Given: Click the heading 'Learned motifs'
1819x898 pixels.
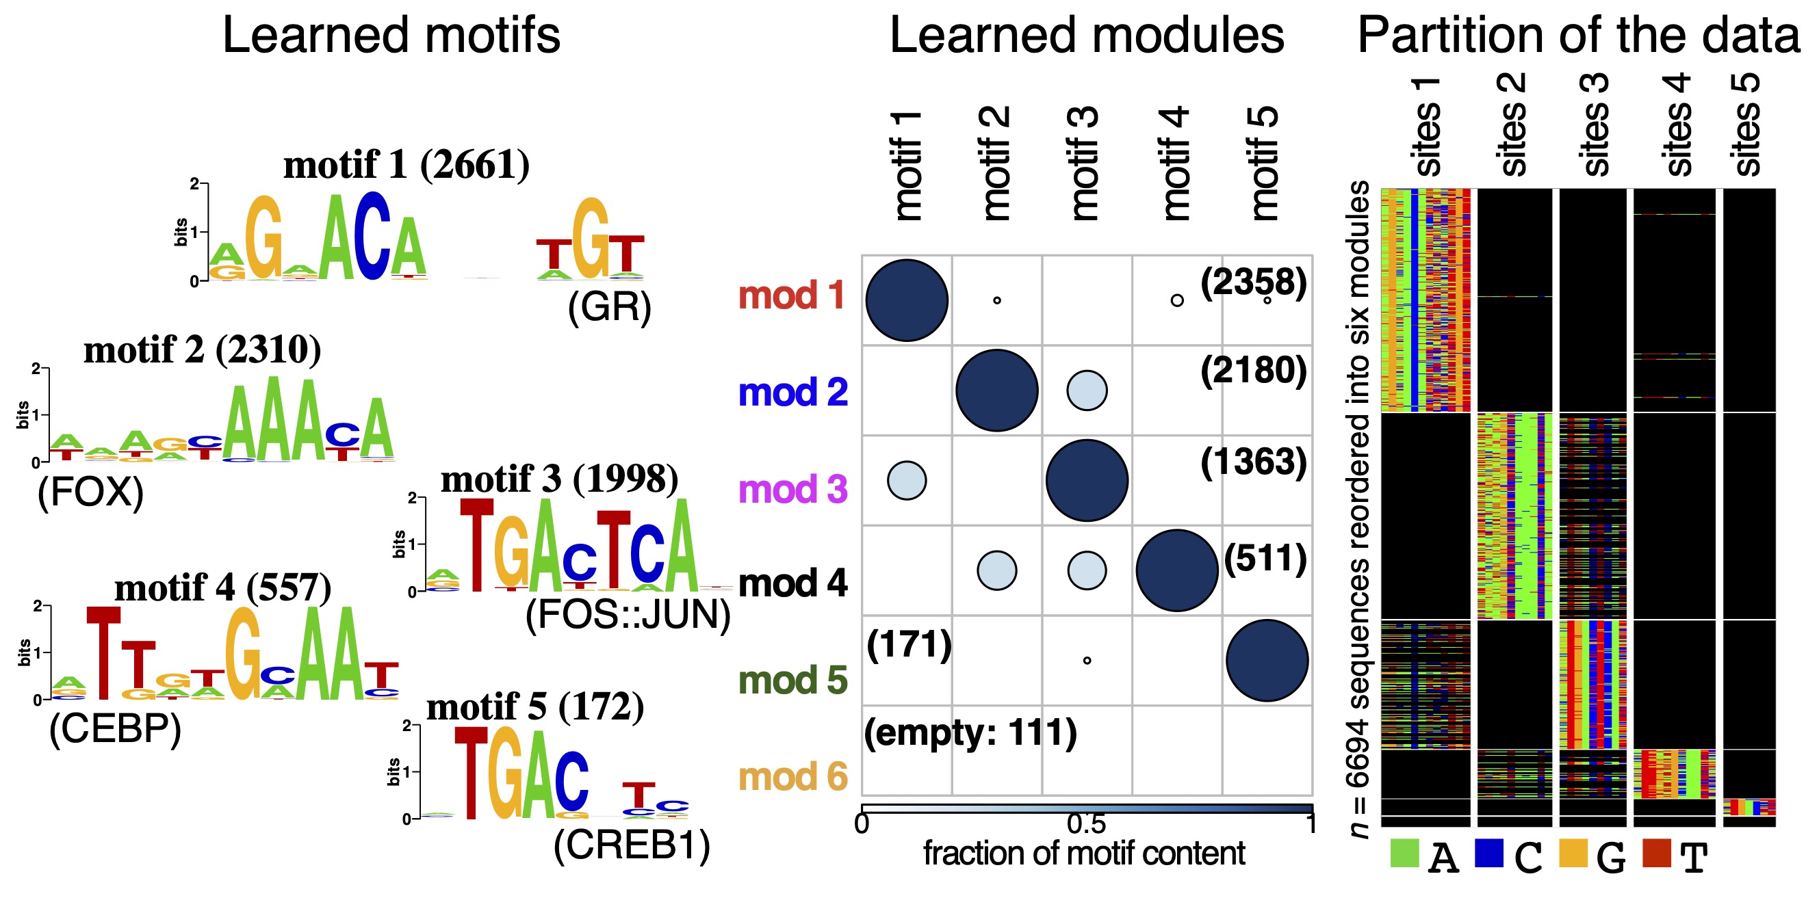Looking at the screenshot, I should point(391,36).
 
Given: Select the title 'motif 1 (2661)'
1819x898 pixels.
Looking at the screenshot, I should point(406,166).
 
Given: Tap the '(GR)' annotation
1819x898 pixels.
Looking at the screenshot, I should point(608,307).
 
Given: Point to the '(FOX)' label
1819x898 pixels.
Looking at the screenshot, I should point(90,492).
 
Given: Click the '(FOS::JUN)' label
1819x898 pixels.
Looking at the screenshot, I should point(628,615).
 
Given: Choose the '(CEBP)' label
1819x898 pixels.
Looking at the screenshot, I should point(115,728).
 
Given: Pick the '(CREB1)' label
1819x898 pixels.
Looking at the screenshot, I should point(631,845).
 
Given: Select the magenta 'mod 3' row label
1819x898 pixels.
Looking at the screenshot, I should point(792,490).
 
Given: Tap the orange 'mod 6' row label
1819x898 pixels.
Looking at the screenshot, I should point(792,777).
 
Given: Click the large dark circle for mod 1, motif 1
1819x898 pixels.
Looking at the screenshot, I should point(907,301).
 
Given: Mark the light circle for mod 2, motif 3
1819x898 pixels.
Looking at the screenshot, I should point(1087,391).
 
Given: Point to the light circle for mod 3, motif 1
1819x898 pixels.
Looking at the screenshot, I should point(907,481).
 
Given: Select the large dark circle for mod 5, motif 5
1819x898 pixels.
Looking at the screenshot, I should point(1267,661).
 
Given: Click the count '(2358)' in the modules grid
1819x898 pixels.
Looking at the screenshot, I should point(1254,282).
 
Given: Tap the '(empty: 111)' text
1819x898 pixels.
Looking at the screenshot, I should point(970,732).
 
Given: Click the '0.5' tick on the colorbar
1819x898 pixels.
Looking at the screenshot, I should point(1086,824).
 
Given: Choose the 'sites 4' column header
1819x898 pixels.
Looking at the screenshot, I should point(1678,124).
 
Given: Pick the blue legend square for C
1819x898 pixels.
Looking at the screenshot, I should point(1488,852).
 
